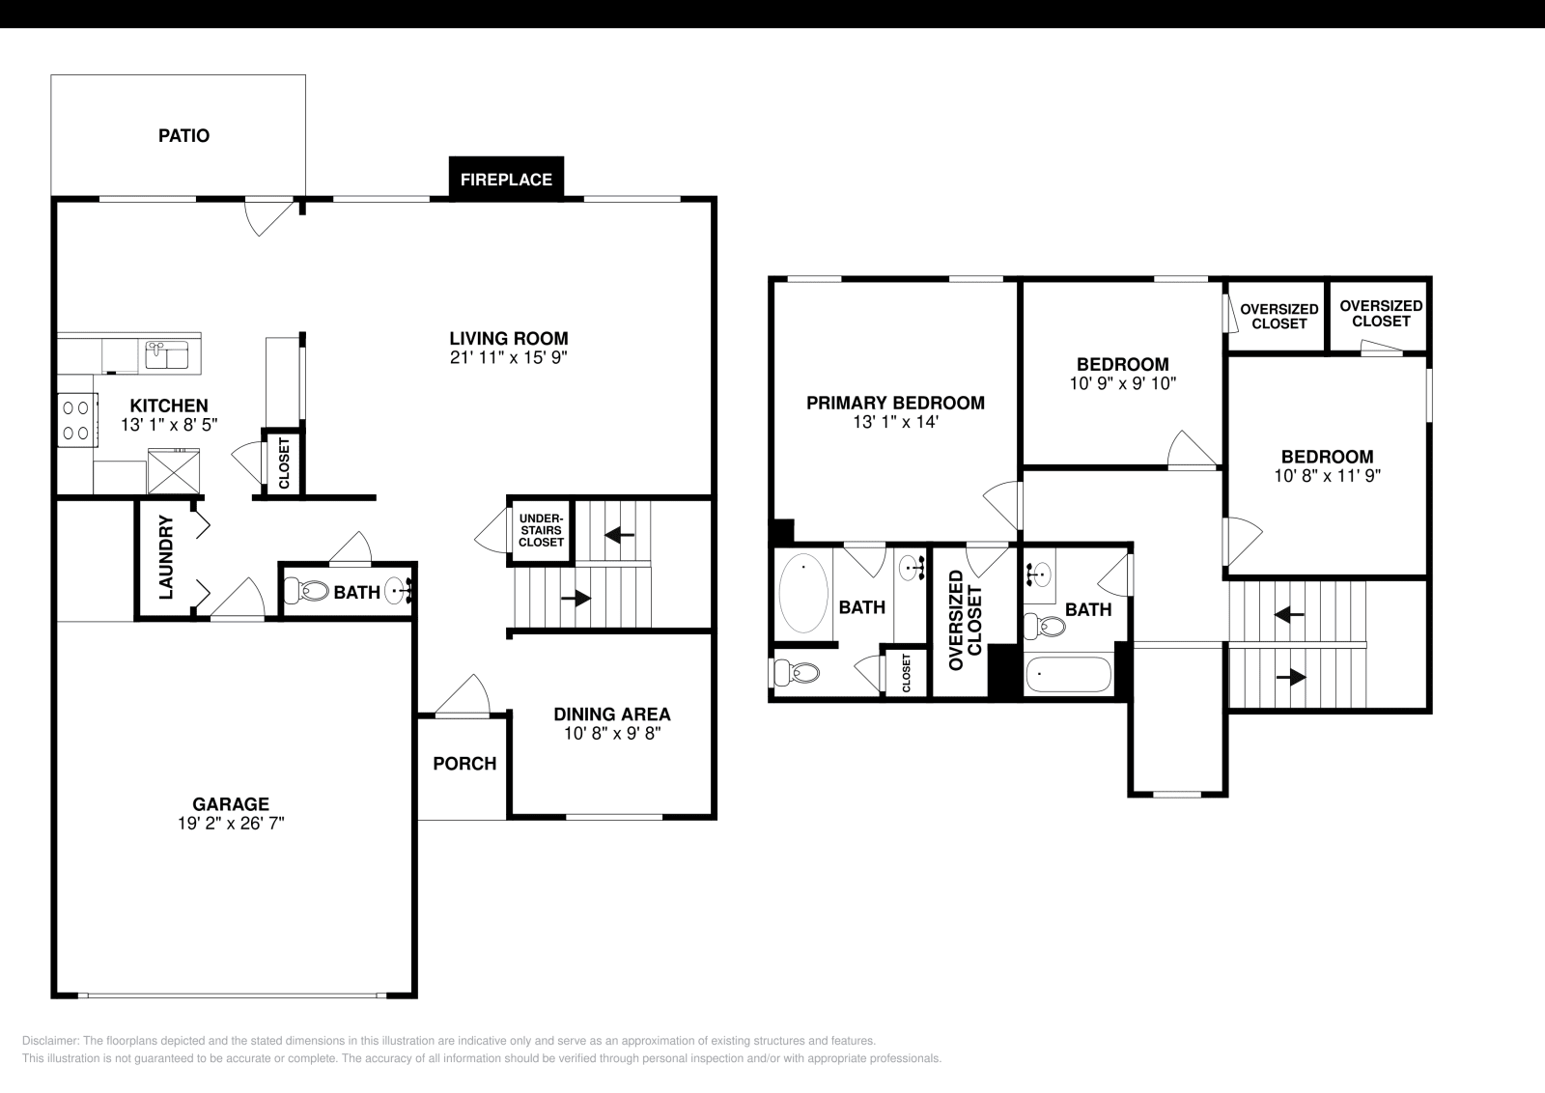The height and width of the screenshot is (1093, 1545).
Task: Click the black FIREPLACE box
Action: [x=506, y=180]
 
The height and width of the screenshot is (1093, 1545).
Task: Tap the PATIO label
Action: [x=183, y=136]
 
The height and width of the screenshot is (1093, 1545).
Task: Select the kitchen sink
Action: [x=167, y=355]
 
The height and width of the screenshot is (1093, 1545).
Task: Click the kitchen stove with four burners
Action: [x=78, y=421]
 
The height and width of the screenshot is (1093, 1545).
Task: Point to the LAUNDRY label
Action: [x=166, y=557]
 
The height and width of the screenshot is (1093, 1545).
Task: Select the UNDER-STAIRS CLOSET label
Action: [x=541, y=530]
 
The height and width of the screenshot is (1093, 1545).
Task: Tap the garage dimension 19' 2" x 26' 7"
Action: [x=230, y=824]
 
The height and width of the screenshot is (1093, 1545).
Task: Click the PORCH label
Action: [x=464, y=764]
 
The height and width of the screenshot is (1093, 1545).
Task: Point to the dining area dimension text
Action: [x=611, y=734]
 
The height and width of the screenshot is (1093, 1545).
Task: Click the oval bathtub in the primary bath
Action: [x=803, y=593]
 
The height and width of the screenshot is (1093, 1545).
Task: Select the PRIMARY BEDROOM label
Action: [x=895, y=403]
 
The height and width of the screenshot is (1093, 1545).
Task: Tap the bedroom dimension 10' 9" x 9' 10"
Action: [x=1122, y=383]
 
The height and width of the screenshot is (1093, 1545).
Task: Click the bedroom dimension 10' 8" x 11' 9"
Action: [x=1327, y=475]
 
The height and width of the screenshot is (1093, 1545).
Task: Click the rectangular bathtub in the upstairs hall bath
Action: [x=1068, y=674]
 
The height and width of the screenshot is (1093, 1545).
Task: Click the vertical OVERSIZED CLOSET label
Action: [x=965, y=620]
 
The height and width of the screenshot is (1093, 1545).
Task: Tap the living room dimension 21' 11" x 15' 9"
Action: [x=508, y=357]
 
